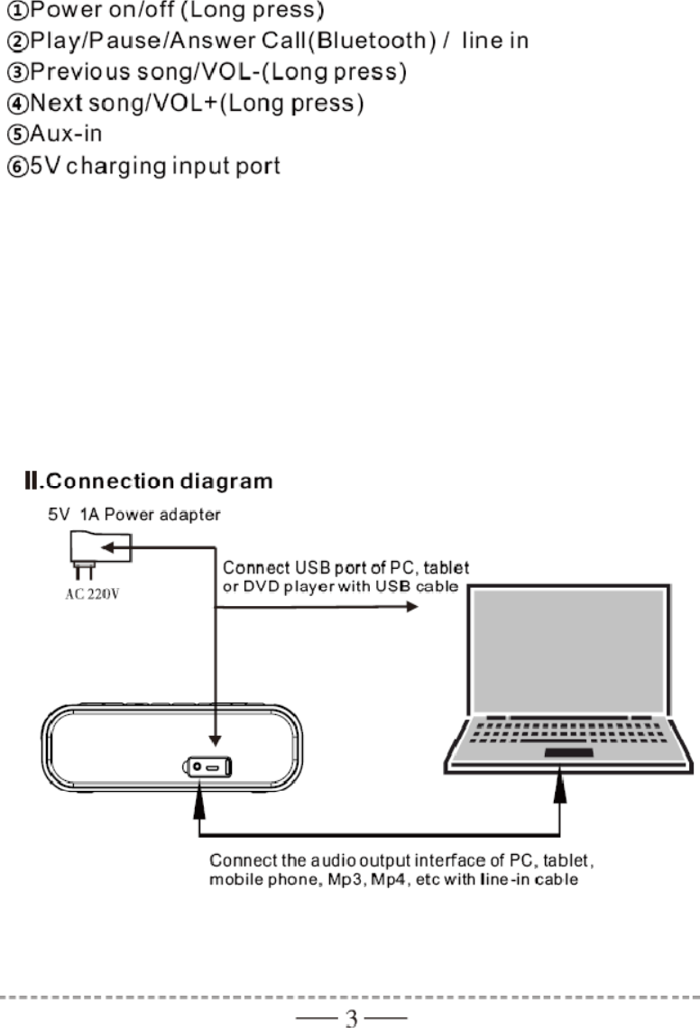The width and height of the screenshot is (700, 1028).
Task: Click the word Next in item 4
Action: [x=57, y=104]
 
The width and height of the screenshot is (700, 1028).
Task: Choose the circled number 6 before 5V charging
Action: [x=18, y=167]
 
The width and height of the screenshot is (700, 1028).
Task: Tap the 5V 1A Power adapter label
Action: [x=134, y=515]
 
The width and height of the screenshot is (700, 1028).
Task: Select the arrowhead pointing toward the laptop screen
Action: [x=412, y=606]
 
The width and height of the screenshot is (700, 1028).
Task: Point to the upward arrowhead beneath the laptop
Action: [x=560, y=791]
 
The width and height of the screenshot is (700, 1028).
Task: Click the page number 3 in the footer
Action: [x=352, y=1019]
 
